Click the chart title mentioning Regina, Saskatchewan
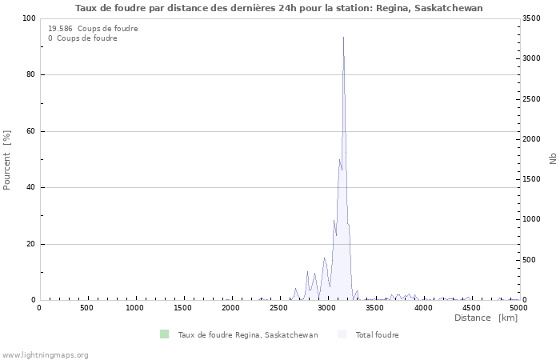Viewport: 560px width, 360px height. [279, 8]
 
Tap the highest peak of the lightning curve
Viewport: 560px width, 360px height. [343, 38]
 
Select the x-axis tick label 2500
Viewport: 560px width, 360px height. [279, 308]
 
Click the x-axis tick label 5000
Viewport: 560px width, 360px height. [518, 308]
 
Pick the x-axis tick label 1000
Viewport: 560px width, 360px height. [135, 308]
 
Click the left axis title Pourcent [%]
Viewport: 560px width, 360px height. [7, 160]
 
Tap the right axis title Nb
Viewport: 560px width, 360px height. [553, 159]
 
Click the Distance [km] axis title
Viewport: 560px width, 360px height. [486, 318]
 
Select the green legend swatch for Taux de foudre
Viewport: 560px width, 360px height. [164, 334]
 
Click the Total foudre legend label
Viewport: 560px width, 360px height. [377, 335]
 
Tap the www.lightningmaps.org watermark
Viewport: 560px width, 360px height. [45, 355]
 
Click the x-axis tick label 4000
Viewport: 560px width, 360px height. [423, 308]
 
